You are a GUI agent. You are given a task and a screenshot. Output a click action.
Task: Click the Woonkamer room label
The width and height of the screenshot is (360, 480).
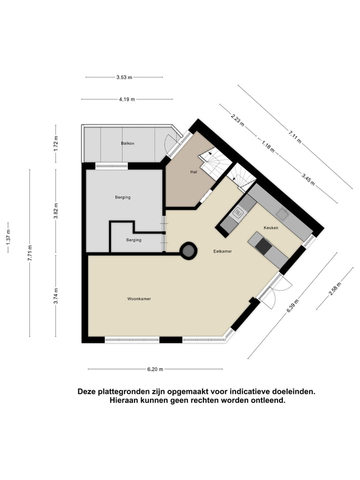(139, 298)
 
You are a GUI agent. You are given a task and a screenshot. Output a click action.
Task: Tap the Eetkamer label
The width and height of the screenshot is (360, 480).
(222, 251)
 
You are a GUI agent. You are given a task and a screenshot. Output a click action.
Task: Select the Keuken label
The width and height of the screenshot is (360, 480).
(271, 227)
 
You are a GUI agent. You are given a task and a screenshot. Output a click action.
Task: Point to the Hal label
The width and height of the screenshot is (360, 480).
(193, 172)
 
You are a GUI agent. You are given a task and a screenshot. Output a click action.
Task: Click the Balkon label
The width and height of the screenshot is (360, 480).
(127, 143)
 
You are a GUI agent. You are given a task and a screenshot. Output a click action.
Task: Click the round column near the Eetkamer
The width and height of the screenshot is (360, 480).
(188, 250)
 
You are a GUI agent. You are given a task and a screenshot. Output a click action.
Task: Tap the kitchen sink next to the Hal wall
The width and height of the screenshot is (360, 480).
(237, 215)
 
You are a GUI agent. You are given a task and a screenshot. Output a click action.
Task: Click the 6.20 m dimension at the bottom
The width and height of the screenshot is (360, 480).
(155, 369)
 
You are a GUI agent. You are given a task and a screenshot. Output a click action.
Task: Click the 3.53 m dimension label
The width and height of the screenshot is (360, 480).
(124, 77)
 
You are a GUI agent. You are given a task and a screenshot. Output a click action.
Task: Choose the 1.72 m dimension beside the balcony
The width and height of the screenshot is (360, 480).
(56, 143)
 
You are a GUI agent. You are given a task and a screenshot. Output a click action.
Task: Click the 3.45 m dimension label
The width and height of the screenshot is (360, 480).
(308, 178)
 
